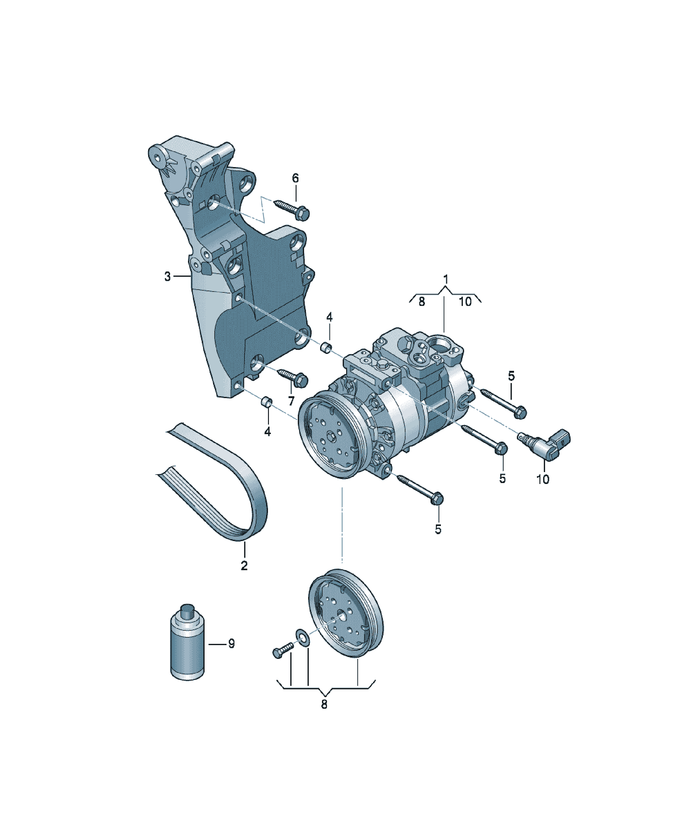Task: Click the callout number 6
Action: coord(295,178)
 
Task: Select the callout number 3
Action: coord(168,276)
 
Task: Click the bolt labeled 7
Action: coord(293,376)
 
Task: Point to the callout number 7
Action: coord(291,401)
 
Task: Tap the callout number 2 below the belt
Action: coord(244,565)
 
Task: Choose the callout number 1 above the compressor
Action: coord(446,279)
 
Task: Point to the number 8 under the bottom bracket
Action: coord(324,704)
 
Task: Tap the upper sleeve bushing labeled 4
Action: coord(326,348)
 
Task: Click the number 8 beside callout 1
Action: coord(421,302)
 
